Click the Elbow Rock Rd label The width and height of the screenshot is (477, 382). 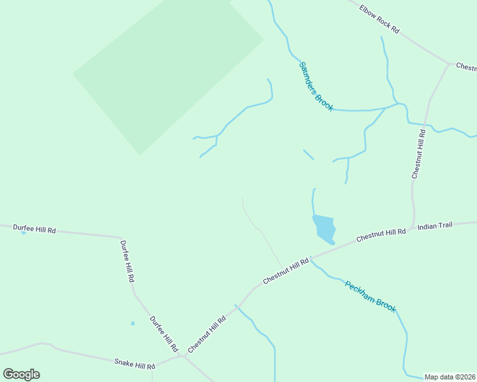379,20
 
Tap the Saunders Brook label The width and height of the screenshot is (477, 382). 316,86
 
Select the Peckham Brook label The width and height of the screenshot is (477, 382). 371,296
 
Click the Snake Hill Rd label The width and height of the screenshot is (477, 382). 135,365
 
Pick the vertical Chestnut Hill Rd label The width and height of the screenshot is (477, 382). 418,153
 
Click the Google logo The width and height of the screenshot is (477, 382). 21,374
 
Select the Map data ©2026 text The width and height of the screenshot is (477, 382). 450,377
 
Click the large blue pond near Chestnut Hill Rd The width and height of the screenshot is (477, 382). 324,229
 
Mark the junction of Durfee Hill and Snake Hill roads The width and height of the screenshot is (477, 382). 184,357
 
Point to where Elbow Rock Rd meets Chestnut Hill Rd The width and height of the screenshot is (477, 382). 449,64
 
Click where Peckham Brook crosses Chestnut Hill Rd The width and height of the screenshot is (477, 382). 311,258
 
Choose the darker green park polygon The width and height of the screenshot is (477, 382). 168,70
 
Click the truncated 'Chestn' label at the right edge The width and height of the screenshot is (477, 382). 466,67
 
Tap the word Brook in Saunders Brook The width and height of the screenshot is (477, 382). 323,100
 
